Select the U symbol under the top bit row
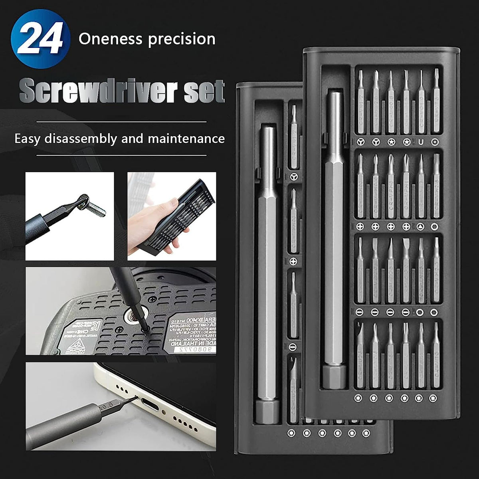tap(420, 142)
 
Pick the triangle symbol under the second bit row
tap(420, 227)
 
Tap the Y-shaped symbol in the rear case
tap(294, 176)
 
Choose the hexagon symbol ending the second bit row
tap(435, 227)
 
